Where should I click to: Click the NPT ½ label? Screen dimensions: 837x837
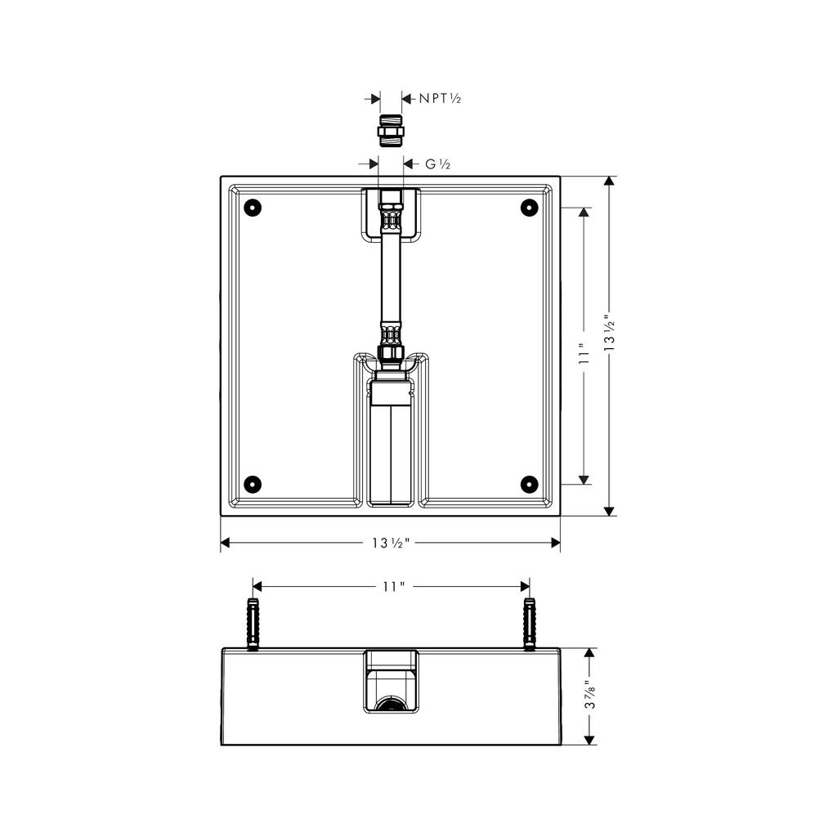[439, 98]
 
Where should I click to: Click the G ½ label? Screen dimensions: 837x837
[438, 164]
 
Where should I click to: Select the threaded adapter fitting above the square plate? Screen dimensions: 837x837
[391, 131]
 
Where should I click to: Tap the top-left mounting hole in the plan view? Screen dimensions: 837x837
[253, 207]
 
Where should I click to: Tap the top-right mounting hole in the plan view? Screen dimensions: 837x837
[529, 207]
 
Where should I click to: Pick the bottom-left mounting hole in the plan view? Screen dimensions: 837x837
[253, 484]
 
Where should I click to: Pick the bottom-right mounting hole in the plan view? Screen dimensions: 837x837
[529, 484]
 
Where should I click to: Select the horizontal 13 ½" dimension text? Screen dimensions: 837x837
[391, 543]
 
